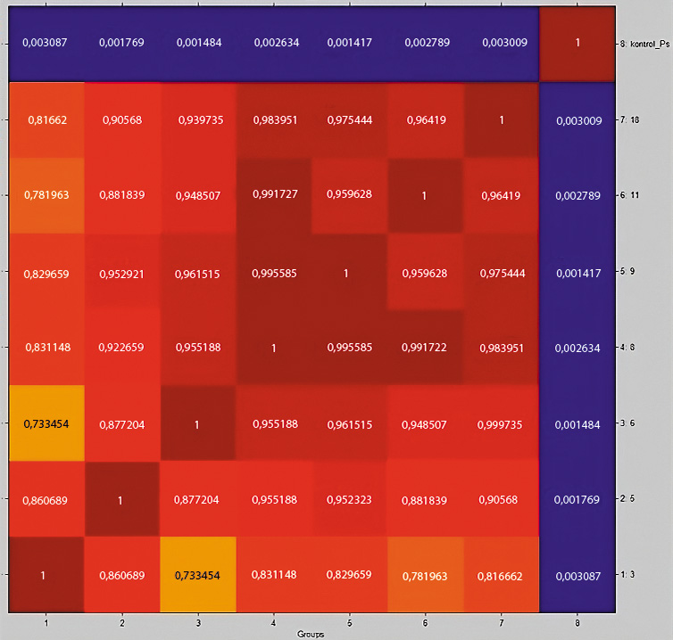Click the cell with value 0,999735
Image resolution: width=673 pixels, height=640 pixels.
pos(502,423)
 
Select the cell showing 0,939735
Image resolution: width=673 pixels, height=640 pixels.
pos(197,119)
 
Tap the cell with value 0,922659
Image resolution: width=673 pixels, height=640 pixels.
pos(121,348)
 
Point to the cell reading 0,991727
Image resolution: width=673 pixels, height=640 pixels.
pos(273,195)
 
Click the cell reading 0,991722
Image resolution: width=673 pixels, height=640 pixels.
pos(426,348)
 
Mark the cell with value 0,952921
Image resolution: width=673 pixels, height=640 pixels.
pos(121,272)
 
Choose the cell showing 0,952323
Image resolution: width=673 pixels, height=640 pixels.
pos(350,499)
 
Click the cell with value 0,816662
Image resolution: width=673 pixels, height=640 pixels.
pos(502,575)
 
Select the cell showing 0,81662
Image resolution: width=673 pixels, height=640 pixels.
pos(46,119)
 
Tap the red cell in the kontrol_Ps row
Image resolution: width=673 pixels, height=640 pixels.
pos(577,44)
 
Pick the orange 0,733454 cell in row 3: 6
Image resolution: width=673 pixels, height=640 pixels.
pos(46,423)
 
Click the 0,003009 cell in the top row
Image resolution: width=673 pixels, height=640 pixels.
pos(502,44)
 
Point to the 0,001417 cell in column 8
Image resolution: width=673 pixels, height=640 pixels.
pos(577,272)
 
